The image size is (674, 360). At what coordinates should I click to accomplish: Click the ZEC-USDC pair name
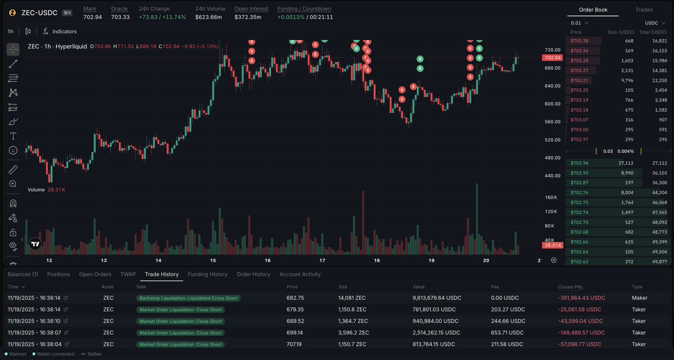[39, 12]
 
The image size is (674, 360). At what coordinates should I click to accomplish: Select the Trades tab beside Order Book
[644, 10]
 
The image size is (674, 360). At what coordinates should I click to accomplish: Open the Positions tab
[58, 274]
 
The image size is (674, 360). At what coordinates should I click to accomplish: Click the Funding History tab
[207, 274]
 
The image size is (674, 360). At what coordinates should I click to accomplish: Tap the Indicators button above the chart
[64, 31]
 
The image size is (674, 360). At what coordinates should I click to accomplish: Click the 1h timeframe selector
[11, 31]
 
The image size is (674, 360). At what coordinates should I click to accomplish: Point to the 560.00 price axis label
[553, 122]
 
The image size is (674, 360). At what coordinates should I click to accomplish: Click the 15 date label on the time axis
[213, 261]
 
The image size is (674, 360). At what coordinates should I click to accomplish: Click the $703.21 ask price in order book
[580, 80]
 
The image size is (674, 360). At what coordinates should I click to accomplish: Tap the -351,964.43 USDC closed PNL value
[581, 298]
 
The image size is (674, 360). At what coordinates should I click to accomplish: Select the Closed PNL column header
[572, 286]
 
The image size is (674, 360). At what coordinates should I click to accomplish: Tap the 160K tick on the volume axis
[550, 198]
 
